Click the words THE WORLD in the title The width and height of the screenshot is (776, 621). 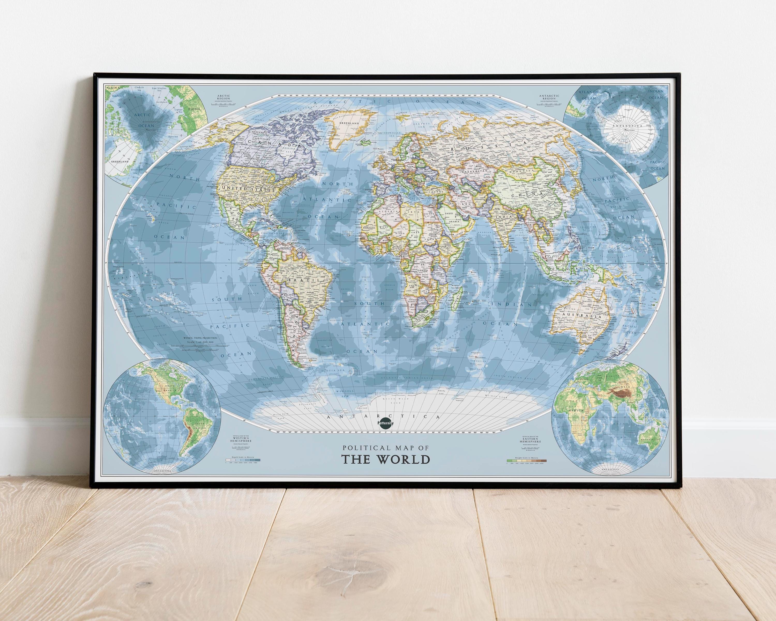(x=385, y=460)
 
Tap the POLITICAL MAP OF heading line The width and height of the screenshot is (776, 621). (x=385, y=448)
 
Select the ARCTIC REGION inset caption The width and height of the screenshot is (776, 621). (x=223, y=97)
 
